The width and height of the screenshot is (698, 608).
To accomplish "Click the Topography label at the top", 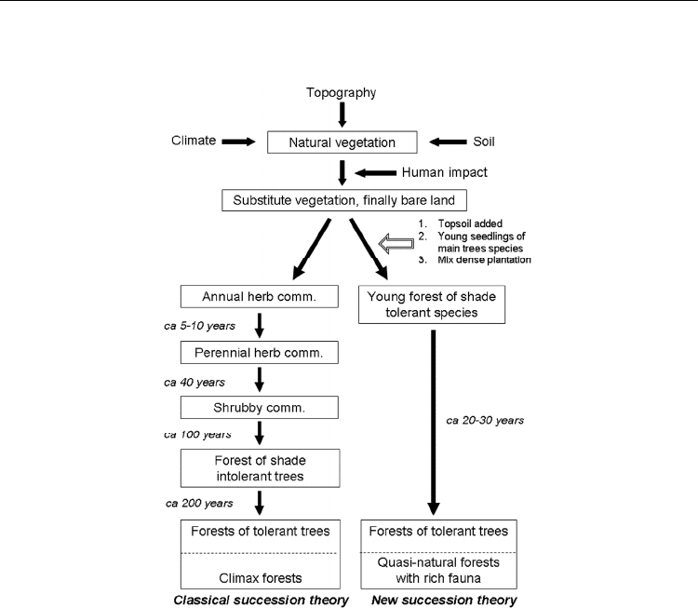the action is (341, 93).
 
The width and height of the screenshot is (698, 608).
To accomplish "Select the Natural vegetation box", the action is (342, 142).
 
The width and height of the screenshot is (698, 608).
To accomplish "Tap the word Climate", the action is (194, 141).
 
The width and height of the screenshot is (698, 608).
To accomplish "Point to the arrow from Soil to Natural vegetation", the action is (448, 142).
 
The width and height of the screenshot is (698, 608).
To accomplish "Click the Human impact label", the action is (444, 172).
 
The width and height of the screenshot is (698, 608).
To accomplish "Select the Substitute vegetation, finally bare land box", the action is (344, 200).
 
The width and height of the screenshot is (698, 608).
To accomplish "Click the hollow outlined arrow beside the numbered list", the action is (396, 244).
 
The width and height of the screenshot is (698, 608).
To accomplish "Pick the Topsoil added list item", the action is (470, 223).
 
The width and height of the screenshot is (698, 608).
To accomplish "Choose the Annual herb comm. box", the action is (259, 297).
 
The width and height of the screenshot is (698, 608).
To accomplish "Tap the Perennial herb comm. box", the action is (259, 352).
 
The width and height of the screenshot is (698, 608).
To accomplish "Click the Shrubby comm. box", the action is (259, 408).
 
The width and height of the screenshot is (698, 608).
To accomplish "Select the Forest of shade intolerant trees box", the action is (260, 468).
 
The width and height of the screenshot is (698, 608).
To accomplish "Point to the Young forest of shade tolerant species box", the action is (432, 304).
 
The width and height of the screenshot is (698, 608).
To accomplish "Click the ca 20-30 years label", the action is (485, 421).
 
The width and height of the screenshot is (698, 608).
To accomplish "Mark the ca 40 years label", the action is (195, 382).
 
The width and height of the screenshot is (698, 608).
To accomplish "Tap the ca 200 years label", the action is (199, 504).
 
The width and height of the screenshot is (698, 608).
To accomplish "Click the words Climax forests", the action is (261, 578).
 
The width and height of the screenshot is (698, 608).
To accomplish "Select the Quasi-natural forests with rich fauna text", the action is (438, 570).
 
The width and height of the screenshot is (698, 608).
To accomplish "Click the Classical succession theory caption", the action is (261, 600).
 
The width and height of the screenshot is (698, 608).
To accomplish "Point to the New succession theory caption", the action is (444, 600).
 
